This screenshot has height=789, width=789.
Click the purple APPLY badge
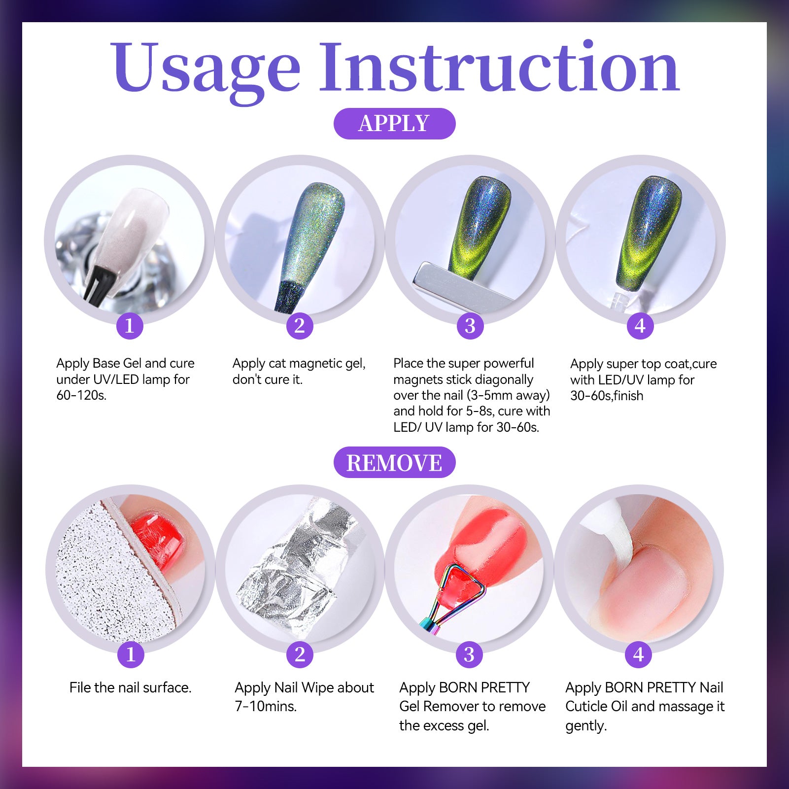click(394, 123)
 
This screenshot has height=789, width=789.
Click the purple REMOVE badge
click(394, 462)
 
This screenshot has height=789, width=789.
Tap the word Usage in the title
click(206, 69)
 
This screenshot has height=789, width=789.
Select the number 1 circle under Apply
click(130, 326)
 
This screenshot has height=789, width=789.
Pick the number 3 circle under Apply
click(470, 326)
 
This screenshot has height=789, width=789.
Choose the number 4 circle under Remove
click(639, 654)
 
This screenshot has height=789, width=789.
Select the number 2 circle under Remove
click(300, 654)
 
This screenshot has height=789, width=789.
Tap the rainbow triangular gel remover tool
click(451, 596)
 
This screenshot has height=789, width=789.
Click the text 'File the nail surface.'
click(131, 687)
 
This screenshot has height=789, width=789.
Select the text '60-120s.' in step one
click(81, 395)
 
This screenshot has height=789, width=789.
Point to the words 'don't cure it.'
click(268, 379)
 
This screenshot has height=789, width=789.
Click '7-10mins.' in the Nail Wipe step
click(266, 706)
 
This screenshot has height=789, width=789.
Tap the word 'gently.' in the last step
click(586, 726)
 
